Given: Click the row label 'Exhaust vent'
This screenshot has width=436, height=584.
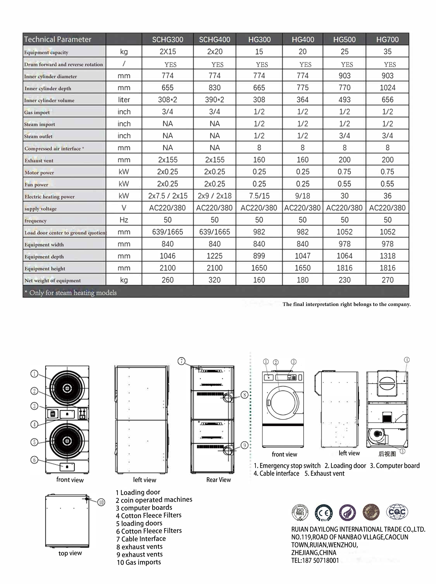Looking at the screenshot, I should coord(39,161).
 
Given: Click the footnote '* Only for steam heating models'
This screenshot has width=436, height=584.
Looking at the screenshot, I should coord(71,292).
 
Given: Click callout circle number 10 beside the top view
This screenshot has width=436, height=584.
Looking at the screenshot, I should coord(101,502).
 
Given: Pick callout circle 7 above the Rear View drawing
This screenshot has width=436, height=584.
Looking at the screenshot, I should coord(181,361).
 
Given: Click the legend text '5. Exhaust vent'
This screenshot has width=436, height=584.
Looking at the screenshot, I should coord(324,473).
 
